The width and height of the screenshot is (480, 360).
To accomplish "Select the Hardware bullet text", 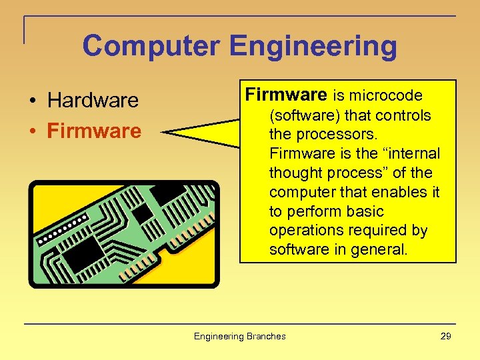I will point(93,101).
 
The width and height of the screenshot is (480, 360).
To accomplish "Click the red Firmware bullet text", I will point(94,131).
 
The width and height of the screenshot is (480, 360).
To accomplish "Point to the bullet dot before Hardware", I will point(32,101).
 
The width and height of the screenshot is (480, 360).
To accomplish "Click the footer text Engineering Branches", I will point(239,336).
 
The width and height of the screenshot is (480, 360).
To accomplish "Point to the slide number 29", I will point(446,336).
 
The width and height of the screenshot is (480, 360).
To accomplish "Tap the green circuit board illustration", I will point(123,233).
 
